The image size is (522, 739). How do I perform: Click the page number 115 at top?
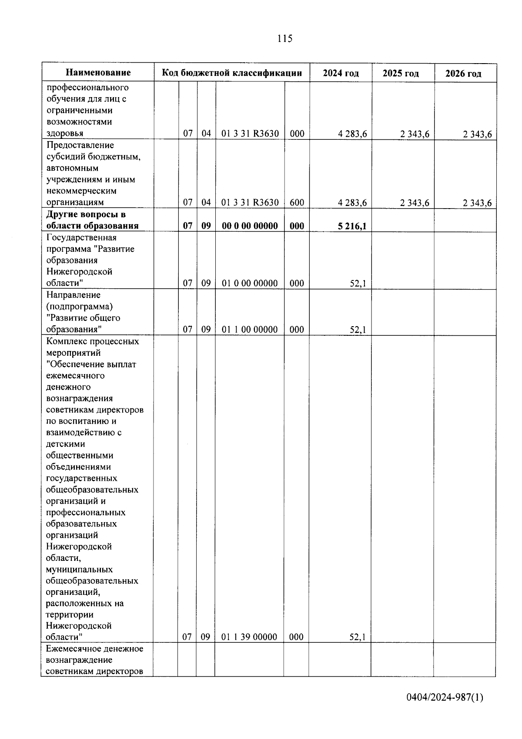tap(284, 39)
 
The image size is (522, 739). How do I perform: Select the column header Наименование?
tap(98, 73)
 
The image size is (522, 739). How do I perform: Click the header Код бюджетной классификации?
tap(232, 73)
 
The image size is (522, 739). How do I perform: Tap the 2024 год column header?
tap(341, 73)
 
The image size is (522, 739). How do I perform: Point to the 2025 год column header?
tap(401, 73)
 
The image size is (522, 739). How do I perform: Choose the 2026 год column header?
tap(463, 74)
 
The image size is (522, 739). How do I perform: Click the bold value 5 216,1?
tap(352, 226)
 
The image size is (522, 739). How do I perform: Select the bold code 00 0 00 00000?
tap(250, 226)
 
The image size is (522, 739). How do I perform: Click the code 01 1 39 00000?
tap(249, 637)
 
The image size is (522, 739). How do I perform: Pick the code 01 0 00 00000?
tap(250, 283)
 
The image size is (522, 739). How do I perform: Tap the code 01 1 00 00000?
tap(250, 330)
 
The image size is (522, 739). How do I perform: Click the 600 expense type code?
tap(297, 202)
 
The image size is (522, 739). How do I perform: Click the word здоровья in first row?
tap(65, 134)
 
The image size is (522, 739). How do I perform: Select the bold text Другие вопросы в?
tap(86, 215)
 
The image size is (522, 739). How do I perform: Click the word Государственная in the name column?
tap(81, 238)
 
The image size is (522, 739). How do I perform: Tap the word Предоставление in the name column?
tap(80, 145)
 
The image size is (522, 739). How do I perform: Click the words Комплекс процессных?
tap(92, 341)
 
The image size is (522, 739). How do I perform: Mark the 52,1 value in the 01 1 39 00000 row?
tap(358, 637)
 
